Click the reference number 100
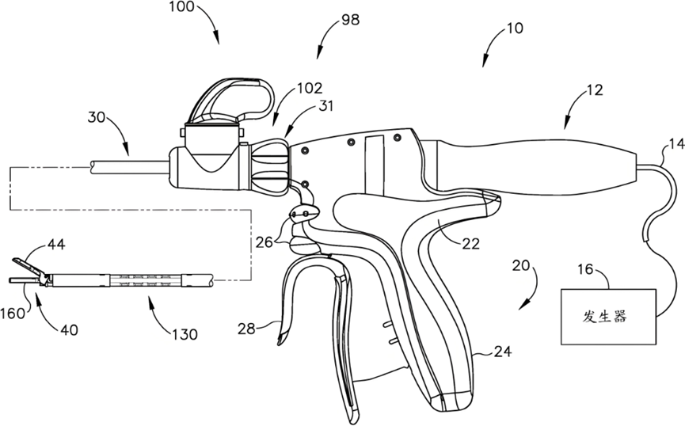click(181, 7)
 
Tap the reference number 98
click(350, 20)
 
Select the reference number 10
click(515, 29)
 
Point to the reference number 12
click(594, 90)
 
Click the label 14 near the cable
click(677, 144)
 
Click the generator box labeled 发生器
click(608, 317)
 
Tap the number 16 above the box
click(585, 269)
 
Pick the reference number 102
click(310, 88)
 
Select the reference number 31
click(325, 106)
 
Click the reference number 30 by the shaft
click(97, 117)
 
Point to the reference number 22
click(470, 243)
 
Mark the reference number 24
click(502, 351)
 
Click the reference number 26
click(264, 242)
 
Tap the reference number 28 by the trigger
click(246, 329)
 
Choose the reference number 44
click(56, 244)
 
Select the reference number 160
click(13, 314)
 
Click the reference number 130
click(185, 335)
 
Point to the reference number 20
click(521, 265)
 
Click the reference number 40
click(69, 329)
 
